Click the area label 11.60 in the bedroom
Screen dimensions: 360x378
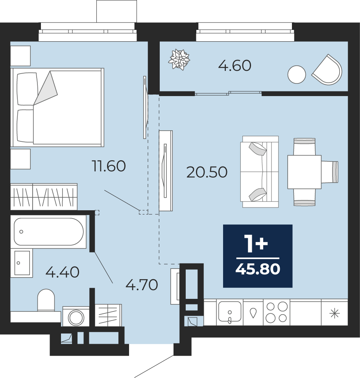click(109, 166)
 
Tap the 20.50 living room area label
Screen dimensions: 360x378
click(207, 172)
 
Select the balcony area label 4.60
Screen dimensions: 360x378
click(235, 66)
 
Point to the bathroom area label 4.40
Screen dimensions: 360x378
click(63, 272)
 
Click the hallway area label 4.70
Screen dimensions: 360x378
click(142, 285)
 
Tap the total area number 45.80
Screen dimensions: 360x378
click(258, 269)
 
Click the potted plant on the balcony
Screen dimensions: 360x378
click(179, 59)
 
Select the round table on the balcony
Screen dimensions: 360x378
click(297, 74)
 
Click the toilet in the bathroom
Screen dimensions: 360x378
click(46, 300)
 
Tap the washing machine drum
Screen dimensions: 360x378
click(76, 317)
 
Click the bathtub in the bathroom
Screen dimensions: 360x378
click(48, 232)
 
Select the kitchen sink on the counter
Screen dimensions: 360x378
click(230, 312)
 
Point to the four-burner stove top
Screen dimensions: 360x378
click(276, 312)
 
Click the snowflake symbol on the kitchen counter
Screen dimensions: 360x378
click(334, 313)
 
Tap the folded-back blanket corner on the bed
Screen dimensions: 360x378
click(46, 88)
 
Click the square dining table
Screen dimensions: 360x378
click(305, 172)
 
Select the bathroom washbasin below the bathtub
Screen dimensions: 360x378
click(22, 263)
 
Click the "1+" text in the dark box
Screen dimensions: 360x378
click(256, 244)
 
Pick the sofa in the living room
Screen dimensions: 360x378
click(260, 172)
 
